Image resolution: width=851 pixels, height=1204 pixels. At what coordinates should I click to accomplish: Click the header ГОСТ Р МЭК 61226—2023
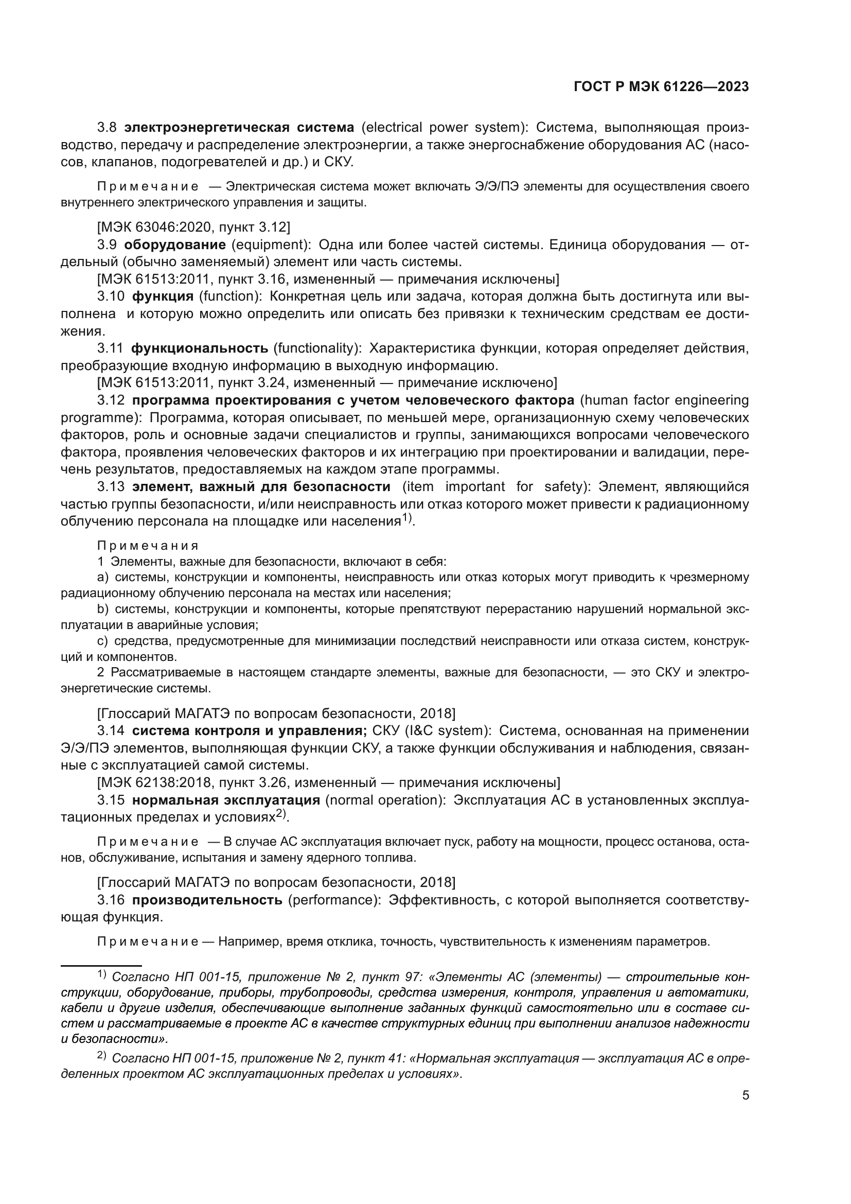coord(661,87)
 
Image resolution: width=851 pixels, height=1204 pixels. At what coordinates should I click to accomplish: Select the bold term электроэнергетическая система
coord(239,128)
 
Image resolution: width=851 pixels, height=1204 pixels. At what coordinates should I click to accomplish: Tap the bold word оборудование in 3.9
coord(175,245)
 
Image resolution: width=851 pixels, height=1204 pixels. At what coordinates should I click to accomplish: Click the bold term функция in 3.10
coord(163,296)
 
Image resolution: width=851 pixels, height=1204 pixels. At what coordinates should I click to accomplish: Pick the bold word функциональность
coord(200,348)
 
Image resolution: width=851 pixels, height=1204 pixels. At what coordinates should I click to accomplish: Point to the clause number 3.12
coord(111,400)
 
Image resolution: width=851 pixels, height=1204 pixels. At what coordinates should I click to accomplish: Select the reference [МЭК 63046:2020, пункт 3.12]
coord(193,227)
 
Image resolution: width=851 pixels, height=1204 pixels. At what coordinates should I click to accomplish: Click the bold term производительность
coord(207,900)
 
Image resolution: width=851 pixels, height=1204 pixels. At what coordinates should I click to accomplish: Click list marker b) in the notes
coord(102,609)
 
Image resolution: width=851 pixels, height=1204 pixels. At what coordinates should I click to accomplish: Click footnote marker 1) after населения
coord(407,519)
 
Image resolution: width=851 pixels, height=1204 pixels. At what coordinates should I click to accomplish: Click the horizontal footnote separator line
coord(101,965)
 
